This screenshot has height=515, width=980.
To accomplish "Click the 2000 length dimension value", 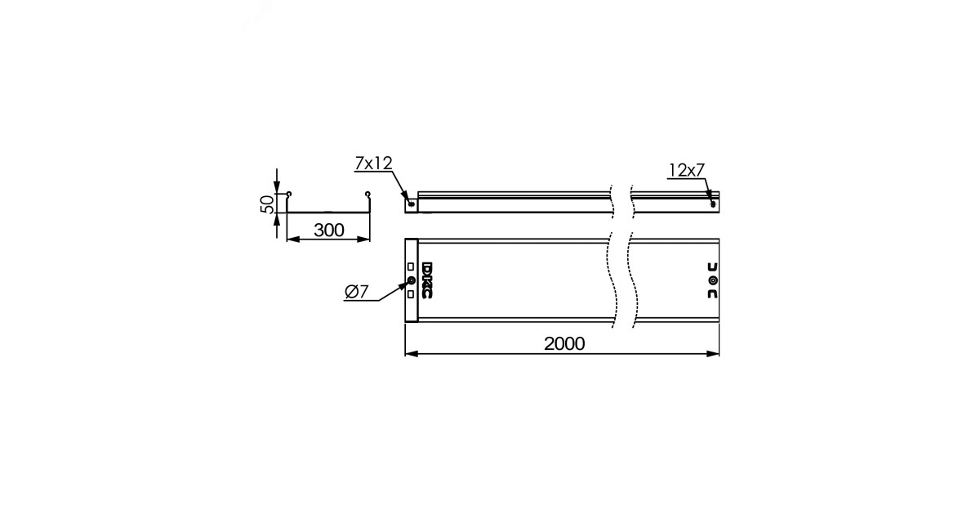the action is coord(564,344).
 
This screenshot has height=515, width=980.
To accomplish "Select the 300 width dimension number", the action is coord(329,231).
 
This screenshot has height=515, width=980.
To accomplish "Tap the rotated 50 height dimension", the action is coord(267,204).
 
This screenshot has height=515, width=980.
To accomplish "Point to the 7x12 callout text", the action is coord(373,163).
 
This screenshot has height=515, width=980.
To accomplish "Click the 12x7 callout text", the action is coord(687,170).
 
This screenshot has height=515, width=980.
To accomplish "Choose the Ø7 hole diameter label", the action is coord(357,292).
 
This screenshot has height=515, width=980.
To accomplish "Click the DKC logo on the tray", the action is coord(427,280).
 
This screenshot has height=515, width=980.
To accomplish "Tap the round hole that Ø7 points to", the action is coord(411,280).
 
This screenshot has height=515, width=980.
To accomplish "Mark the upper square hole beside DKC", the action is coord(410,266).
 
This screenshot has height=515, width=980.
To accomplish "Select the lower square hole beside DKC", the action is coord(410,294).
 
